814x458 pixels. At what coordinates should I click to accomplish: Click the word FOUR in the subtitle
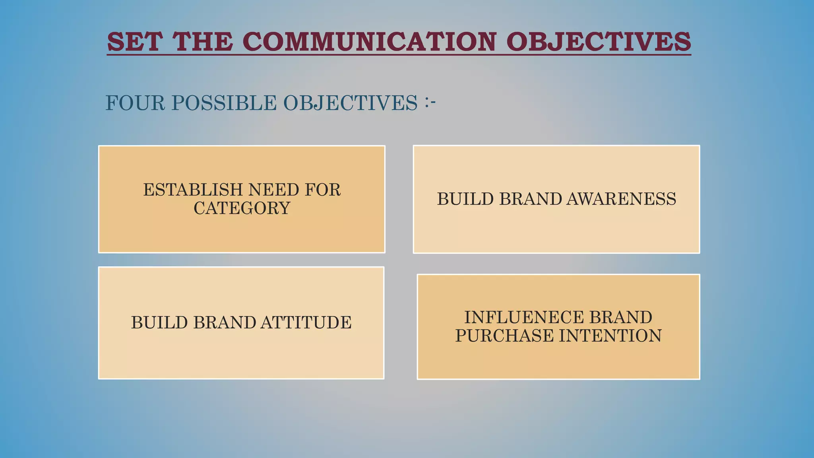[x=135, y=103]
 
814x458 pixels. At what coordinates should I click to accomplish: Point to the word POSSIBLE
[x=224, y=103]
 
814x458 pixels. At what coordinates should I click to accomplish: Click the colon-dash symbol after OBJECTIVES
[x=430, y=102]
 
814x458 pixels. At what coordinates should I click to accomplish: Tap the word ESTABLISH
[x=193, y=190]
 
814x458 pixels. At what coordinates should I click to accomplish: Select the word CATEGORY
[x=242, y=208]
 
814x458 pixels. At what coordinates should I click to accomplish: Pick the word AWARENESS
[x=621, y=199]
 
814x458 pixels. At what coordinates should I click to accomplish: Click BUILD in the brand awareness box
[x=465, y=199]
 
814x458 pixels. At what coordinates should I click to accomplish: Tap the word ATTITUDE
[x=306, y=322]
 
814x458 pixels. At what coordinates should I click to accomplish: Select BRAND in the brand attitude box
[x=224, y=322]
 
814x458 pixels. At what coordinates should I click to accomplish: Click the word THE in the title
[x=203, y=41]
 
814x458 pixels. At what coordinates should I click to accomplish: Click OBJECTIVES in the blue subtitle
[x=350, y=103]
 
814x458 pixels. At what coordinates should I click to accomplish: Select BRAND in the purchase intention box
[x=620, y=317]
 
